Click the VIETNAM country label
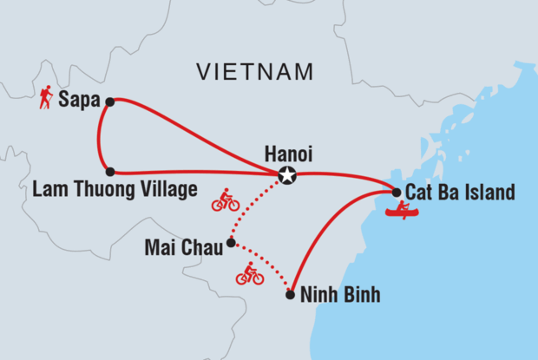click(x=254, y=70)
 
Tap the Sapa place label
click(x=78, y=101)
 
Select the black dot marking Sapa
click(x=109, y=101)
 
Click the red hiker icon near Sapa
click(x=45, y=99)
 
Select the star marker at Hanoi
click(x=286, y=176)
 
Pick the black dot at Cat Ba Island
click(x=397, y=192)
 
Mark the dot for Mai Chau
click(x=230, y=243)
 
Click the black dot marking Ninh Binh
click(x=290, y=295)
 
